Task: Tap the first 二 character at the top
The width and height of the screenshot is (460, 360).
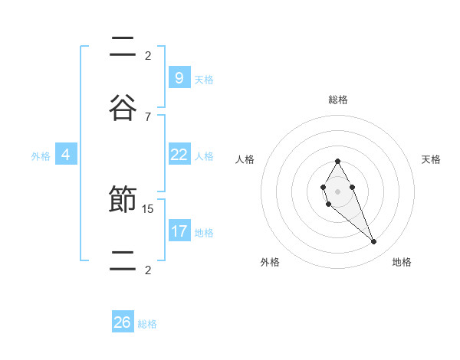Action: point(122,47)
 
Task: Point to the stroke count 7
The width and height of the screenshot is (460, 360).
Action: point(148,116)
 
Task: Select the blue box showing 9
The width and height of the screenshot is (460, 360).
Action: point(179,78)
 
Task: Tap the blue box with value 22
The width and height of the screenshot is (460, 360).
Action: point(179,155)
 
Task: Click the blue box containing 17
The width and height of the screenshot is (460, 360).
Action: point(179,231)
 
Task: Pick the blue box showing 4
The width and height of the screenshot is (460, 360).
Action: point(65,155)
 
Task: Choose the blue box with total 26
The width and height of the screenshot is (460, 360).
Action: point(123,322)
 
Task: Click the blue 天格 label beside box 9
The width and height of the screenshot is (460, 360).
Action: point(203,79)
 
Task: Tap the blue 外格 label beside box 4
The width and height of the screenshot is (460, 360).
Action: point(41,155)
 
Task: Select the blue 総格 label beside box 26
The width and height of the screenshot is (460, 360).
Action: point(147,323)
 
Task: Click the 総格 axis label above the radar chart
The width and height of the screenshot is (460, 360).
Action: point(337,100)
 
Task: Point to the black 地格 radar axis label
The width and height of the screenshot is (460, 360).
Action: point(402,262)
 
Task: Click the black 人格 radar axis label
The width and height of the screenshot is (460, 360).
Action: point(245,159)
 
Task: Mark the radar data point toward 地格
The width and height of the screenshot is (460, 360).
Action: point(374,242)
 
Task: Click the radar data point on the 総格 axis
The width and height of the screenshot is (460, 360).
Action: point(337,161)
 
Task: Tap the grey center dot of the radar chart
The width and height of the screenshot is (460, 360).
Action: point(337,191)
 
